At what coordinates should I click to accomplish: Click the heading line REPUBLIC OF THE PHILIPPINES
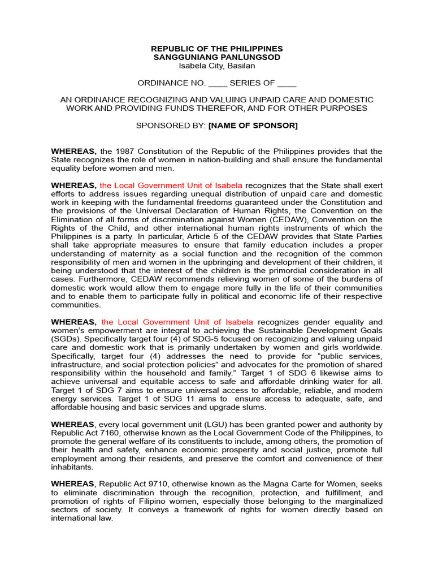pyautogui.click(x=217, y=49)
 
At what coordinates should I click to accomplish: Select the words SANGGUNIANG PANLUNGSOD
pyautogui.click(x=217, y=58)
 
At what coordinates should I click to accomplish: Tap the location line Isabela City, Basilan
pyautogui.click(x=217, y=66)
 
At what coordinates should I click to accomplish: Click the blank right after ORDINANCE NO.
pyautogui.click(x=218, y=83)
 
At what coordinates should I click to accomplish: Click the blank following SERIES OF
pyautogui.click(x=287, y=83)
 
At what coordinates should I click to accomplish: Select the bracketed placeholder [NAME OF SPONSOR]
pyautogui.click(x=253, y=126)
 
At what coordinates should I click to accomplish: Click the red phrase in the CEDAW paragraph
pyautogui.click(x=171, y=185)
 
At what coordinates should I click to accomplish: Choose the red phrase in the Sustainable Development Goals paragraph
pyautogui.click(x=177, y=322)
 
